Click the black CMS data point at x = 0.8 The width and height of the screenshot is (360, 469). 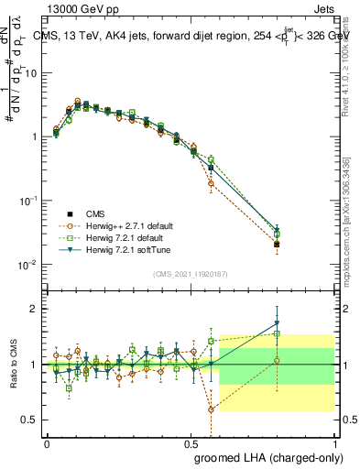click(278, 245)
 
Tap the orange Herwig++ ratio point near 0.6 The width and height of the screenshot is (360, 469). click(212, 409)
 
